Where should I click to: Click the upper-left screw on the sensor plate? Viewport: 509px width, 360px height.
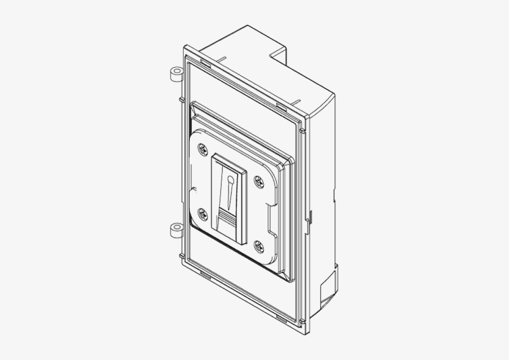point(203,149)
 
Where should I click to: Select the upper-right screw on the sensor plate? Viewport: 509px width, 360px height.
point(258,181)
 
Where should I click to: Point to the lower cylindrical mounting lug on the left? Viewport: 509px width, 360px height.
point(174,230)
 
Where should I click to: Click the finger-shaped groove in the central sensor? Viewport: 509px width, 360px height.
point(229,193)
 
